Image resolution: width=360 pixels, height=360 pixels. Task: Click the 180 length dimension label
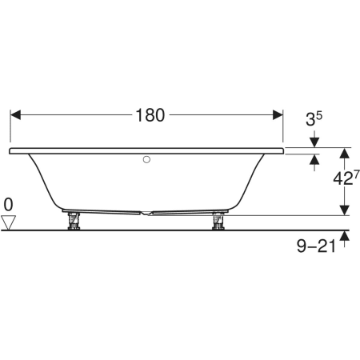click(150, 115)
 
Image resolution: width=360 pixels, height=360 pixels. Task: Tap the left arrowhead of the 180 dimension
click(15, 115)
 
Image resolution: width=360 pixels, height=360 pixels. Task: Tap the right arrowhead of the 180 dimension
click(278, 115)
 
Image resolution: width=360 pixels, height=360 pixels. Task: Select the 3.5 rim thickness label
click(314, 118)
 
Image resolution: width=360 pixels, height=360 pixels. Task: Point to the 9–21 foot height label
click(316, 246)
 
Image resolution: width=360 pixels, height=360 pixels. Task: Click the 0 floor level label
click(8, 205)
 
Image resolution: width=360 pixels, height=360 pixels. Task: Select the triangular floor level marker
click(8, 222)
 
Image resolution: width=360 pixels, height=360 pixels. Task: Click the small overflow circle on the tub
click(146, 159)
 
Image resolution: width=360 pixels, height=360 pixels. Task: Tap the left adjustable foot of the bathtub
click(74, 221)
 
